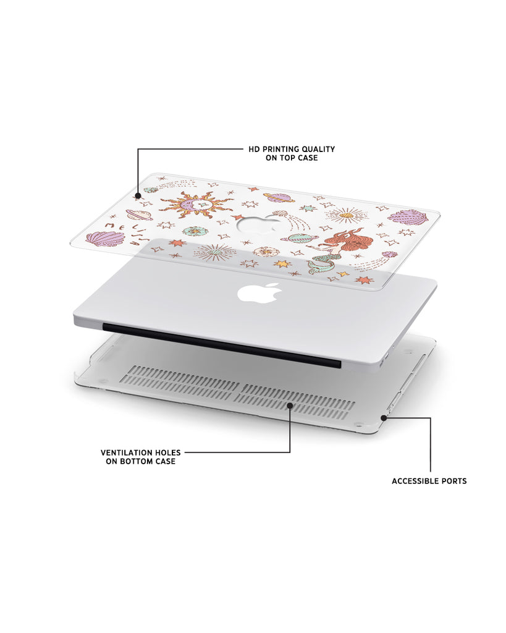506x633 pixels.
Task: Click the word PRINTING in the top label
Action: [279, 149]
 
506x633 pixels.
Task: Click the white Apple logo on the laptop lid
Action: [259, 292]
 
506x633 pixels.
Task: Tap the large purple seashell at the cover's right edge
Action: [408, 215]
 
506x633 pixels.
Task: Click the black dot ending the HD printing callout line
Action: [138, 197]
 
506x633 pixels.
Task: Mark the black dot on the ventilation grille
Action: [290, 404]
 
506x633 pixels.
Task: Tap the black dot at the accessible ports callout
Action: [384, 418]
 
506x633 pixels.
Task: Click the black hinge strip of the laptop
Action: [222, 346]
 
